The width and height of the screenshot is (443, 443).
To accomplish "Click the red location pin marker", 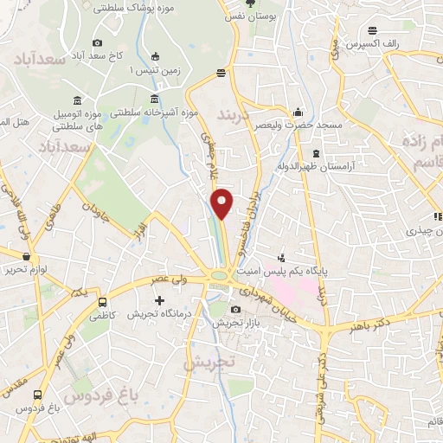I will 222,203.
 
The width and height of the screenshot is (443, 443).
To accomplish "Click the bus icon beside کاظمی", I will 104,303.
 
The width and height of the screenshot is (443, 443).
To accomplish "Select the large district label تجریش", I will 209,363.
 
